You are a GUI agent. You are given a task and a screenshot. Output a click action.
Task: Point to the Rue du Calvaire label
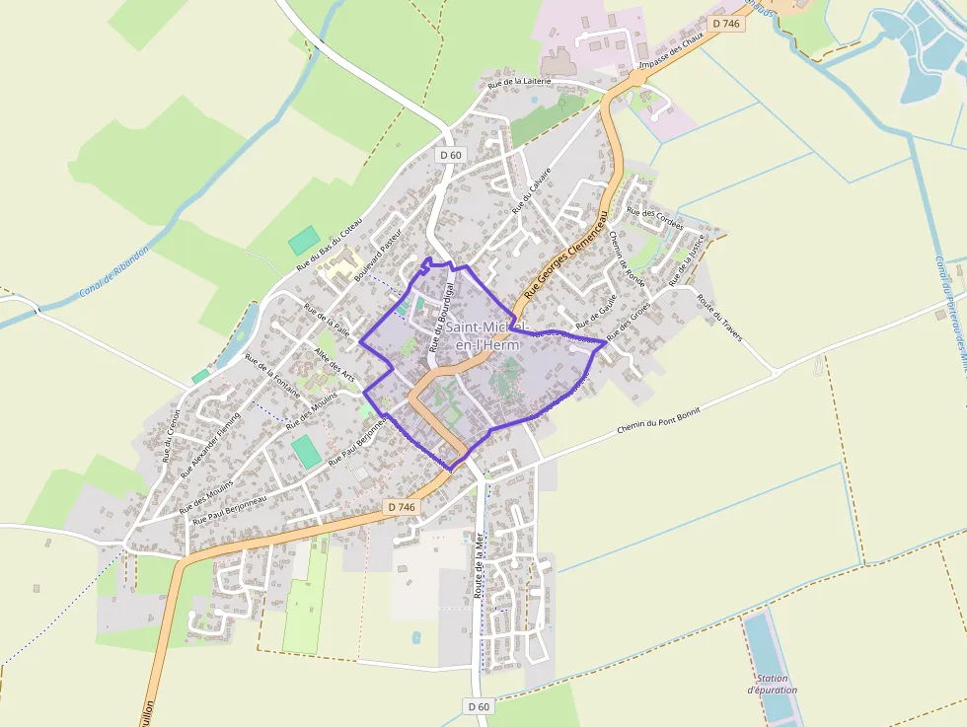click(x=531, y=189)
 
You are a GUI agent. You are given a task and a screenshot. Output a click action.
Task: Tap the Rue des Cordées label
click(x=655, y=218)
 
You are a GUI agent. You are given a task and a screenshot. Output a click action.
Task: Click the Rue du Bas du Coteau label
click(x=330, y=244)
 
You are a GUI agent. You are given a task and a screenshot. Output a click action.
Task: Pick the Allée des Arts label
click(x=334, y=365)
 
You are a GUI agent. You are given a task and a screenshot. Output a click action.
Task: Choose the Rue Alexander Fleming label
click(x=210, y=444)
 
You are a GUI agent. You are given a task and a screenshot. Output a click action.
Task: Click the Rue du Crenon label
click(x=171, y=435)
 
